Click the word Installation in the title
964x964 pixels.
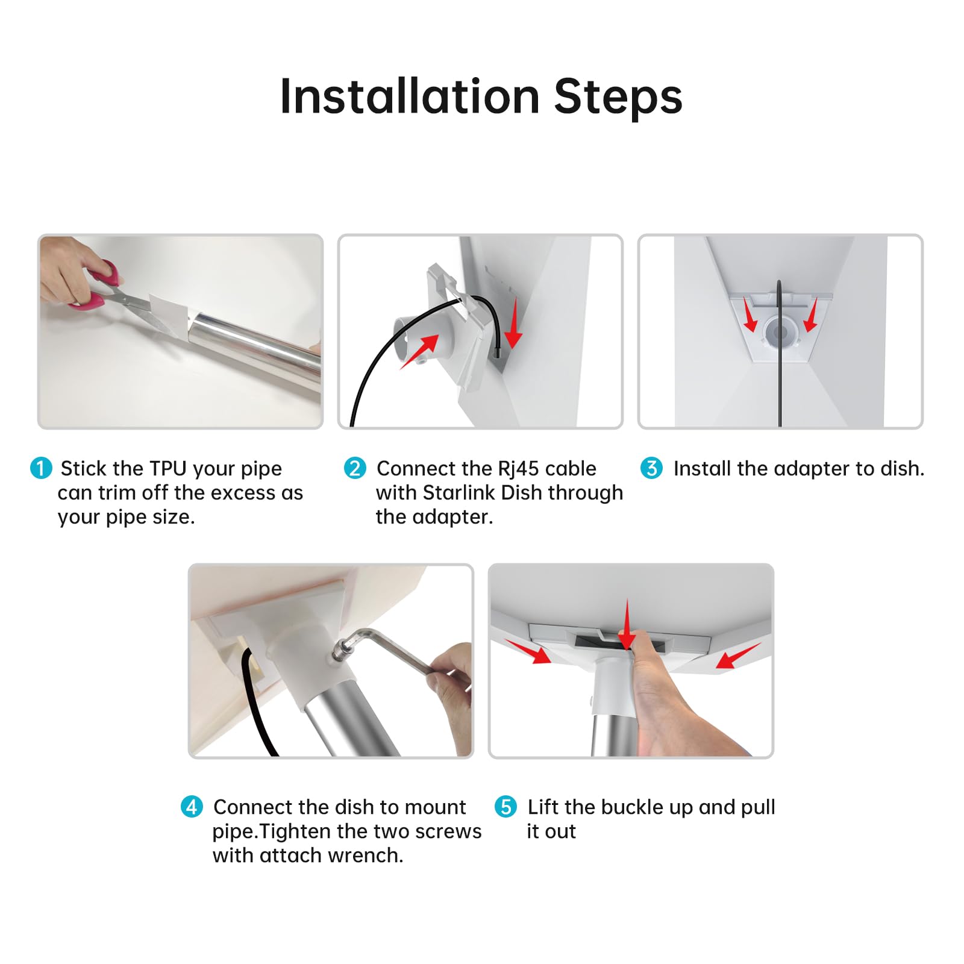(x=410, y=96)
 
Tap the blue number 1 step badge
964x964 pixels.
(x=41, y=468)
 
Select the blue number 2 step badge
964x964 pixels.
(x=355, y=468)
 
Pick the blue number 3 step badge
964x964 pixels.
(x=651, y=468)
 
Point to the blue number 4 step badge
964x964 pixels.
(x=192, y=807)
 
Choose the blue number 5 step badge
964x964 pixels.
(x=505, y=807)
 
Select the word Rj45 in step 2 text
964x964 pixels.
(x=521, y=469)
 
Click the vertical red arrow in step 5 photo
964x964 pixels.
(x=627, y=624)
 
